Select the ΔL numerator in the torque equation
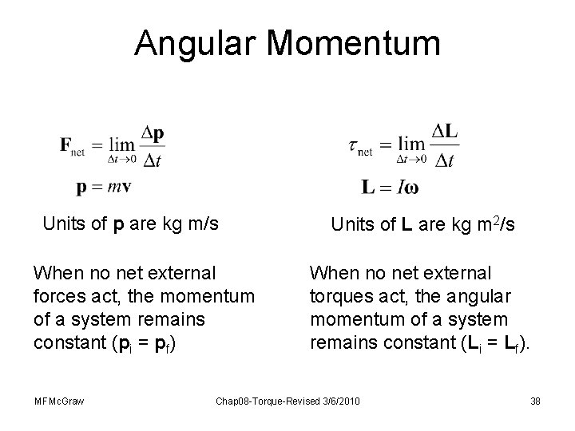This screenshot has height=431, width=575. (x=446, y=132)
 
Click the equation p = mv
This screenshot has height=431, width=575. (x=104, y=187)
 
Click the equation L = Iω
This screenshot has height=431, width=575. (x=389, y=188)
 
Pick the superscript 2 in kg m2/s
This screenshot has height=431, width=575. (x=495, y=220)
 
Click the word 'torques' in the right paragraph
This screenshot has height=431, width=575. (x=341, y=297)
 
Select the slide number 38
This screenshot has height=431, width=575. (x=535, y=399)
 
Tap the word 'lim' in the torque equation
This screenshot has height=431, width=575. (x=412, y=144)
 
